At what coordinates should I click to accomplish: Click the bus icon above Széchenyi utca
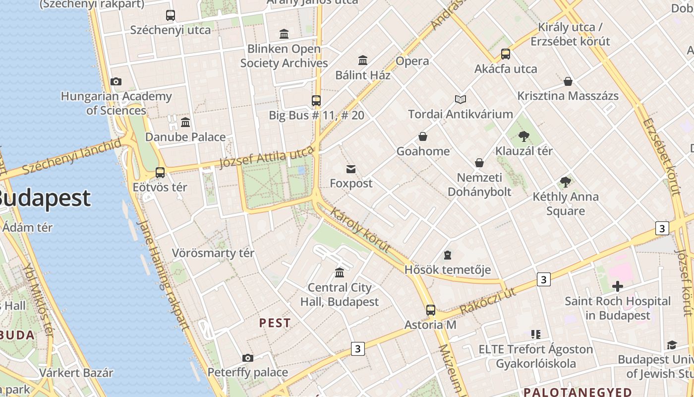171,15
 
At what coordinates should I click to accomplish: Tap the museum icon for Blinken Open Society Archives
284,34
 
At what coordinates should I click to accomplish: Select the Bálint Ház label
363,75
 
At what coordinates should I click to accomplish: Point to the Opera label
412,61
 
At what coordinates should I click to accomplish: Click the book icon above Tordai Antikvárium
461,100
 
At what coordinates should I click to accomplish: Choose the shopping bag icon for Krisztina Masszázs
568,81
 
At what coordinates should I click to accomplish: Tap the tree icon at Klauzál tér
523,136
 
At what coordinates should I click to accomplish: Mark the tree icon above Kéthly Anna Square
565,182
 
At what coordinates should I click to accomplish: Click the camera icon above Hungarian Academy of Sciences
116,82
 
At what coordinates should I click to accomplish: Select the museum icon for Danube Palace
185,123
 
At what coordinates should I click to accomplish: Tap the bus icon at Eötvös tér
160,173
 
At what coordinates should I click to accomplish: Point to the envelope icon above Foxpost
351,169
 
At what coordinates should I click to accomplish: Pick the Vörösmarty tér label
213,253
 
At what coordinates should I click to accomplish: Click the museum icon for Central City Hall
340,273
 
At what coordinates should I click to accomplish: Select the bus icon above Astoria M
430,311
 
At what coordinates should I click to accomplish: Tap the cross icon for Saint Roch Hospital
617,286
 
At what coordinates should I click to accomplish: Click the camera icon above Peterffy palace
248,358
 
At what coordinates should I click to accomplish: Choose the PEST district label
275,323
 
